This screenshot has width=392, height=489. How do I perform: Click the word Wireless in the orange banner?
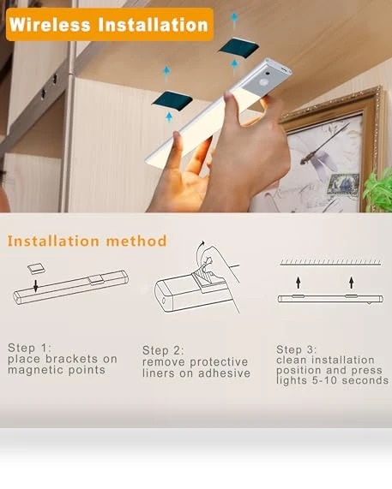point(50,24)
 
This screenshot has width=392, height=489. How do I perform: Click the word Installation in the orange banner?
point(153,24)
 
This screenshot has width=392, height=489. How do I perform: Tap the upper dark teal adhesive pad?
point(239,48)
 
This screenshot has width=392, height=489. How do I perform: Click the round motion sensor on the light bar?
point(264,83)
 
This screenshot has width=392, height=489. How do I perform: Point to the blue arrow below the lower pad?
point(169,117)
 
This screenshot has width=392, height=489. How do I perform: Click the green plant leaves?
point(378,190)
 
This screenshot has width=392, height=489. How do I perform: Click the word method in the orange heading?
point(136,241)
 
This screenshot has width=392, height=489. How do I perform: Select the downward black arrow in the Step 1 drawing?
point(36,286)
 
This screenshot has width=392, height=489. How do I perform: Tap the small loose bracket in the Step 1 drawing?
point(36,268)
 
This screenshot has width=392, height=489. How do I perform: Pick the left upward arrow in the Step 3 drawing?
point(299,282)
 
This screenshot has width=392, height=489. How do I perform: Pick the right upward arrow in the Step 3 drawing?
point(352,282)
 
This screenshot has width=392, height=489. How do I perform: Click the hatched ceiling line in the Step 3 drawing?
point(330,263)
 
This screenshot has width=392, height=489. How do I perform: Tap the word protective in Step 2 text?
point(219,362)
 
